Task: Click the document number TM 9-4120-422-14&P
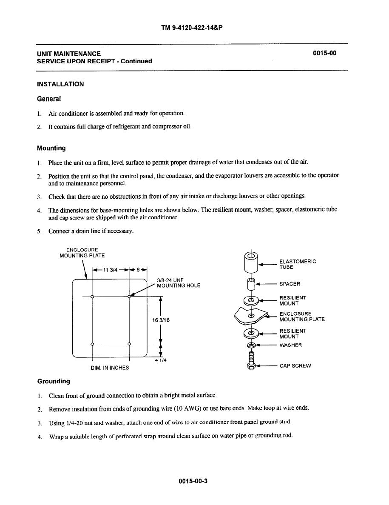(192, 28)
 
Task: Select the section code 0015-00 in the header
(324, 54)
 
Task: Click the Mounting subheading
(51, 148)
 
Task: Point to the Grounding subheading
(53, 381)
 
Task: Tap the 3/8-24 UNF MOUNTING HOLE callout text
(178, 282)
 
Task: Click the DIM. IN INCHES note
(110, 368)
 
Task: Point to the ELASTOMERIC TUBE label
(297, 264)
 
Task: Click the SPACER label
(290, 284)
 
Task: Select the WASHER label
(290, 345)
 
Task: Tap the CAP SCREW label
(295, 365)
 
